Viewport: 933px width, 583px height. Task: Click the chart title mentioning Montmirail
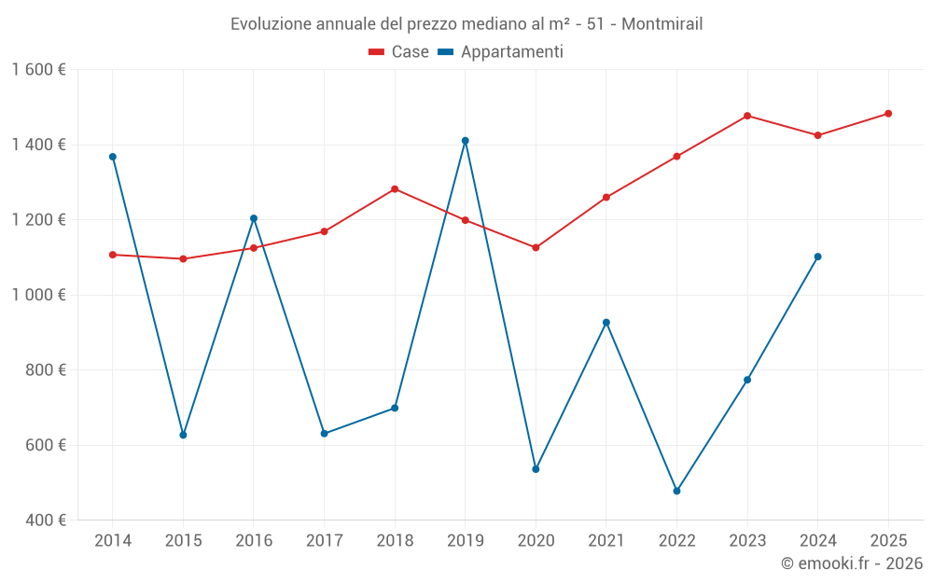466,23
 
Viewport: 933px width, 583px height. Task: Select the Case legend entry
399,52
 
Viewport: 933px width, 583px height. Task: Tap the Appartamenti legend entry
501,52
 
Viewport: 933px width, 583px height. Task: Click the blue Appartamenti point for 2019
466,141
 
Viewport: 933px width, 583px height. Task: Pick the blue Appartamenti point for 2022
676,491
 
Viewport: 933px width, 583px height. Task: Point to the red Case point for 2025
888,114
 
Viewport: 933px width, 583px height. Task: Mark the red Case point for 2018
395,189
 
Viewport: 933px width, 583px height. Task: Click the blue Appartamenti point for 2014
113,157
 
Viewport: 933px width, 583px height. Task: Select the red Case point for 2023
747,116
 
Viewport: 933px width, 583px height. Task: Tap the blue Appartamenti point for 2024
818,257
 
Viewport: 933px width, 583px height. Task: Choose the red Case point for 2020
536,248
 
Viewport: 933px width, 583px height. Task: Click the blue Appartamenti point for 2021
606,323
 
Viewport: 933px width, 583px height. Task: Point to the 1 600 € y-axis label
38,70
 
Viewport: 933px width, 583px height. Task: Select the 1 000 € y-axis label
38,295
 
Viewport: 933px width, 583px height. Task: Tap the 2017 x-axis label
324,540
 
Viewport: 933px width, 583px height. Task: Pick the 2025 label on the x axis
888,540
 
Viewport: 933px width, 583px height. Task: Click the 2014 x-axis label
113,540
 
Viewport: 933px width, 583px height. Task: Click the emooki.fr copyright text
851,563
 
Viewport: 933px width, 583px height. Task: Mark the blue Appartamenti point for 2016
254,218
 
